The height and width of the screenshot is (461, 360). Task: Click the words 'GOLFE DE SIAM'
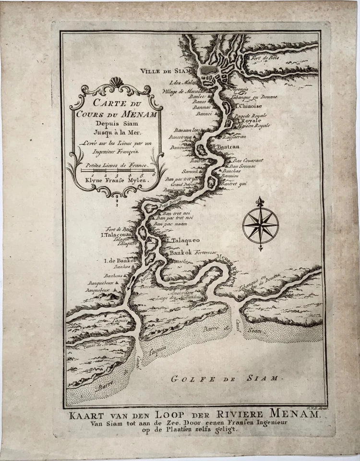[225, 378]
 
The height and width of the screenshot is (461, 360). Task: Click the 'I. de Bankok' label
[120, 261]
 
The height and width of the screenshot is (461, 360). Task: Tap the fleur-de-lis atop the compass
[260, 202]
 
